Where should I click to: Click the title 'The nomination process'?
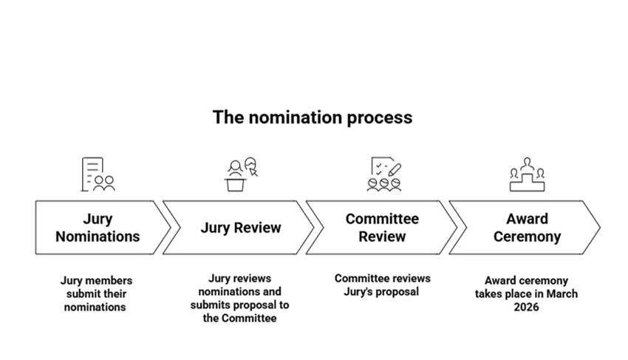click(x=312, y=118)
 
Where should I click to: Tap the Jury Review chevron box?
click(x=240, y=228)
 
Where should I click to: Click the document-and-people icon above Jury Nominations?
click(x=98, y=174)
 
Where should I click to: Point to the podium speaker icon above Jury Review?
click(x=241, y=174)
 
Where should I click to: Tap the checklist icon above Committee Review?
click(x=383, y=174)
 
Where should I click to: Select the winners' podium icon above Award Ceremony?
click(x=527, y=174)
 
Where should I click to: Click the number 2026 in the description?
click(x=527, y=307)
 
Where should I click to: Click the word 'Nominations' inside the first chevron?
click(x=98, y=237)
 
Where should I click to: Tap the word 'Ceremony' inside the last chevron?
click(x=527, y=237)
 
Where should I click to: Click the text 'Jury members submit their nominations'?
click(x=96, y=293)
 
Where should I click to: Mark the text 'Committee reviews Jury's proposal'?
click(x=382, y=285)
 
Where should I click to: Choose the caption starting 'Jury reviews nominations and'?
click(x=239, y=298)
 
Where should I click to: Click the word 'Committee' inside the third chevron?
click(x=382, y=220)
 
